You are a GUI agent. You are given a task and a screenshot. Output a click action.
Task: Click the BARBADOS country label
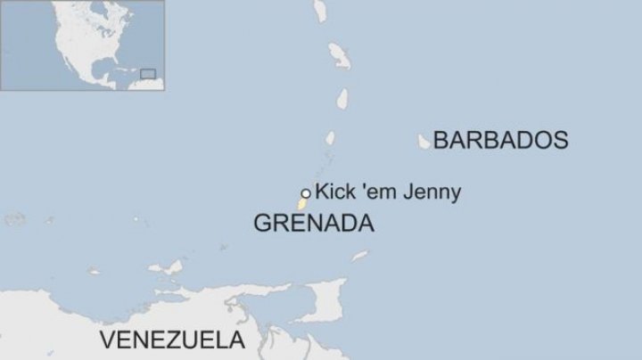point(500,140)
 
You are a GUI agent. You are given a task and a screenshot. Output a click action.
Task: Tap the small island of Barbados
point(424,141)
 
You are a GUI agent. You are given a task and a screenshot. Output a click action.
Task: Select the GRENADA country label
point(313,224)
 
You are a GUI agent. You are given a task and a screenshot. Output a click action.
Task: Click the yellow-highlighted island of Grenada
point(302,204)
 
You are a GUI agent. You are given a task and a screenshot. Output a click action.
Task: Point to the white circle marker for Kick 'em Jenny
point(306,192)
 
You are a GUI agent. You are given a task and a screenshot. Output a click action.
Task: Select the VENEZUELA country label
point(172,340)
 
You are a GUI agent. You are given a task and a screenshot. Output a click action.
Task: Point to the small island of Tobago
point(359,257)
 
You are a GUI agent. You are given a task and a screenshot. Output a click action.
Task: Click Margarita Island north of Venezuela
point(169,267)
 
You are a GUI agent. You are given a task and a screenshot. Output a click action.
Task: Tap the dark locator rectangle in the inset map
point(148,74)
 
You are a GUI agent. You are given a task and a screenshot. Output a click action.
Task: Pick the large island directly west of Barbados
point(330,139)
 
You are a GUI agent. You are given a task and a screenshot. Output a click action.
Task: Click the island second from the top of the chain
point(338,55)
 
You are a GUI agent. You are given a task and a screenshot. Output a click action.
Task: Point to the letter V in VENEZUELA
point(108,340)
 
